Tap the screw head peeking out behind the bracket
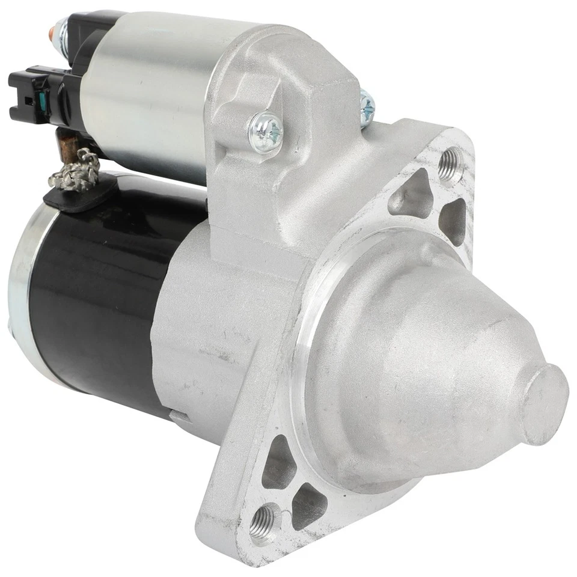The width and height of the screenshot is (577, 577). click(x=367, y=106)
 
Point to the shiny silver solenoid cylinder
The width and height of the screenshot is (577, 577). click(x=150, y=90)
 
